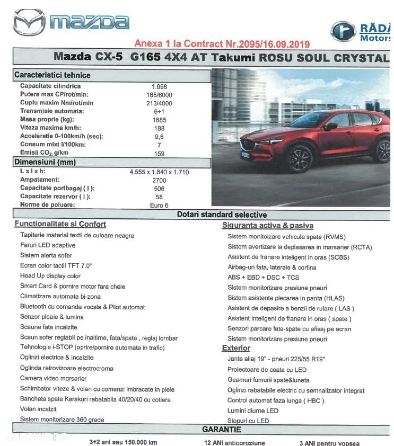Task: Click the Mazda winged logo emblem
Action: coord(29,23)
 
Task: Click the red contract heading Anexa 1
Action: coord(222,43)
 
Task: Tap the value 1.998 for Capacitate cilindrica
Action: coord(159,86)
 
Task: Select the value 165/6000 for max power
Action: coord(159,95)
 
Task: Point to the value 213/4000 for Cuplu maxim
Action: coord(159,103)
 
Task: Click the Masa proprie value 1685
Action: coord(159,120)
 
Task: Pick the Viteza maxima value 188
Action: coord(159,128)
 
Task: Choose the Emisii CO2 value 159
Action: coord(159,154)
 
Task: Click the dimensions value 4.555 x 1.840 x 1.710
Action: coord(159,172)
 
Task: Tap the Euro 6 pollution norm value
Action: coord(159,205)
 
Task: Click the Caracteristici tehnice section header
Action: coord(52,75)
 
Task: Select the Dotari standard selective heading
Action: coord(222,215)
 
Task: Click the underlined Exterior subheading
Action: coord(236,348)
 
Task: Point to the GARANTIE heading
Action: coord(222,430)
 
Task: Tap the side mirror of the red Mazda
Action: coord(331,127)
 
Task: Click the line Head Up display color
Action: coord(50,276)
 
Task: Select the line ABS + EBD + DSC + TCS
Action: coord(263,278)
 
